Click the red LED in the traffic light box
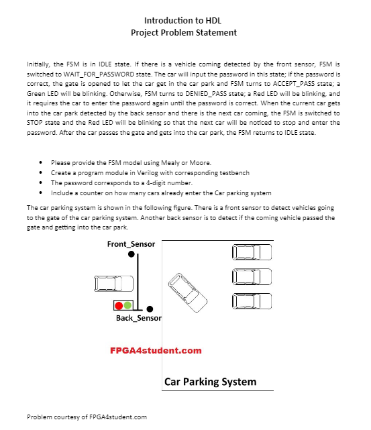(x=119, y=305)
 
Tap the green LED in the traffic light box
(x=127, y=305)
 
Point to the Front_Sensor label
(x=131, y=244)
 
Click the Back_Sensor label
(x=138, y=318)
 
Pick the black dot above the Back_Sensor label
(x=150, y=309)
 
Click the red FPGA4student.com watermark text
(x=156, y=350)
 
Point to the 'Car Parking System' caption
(x=210, y=382)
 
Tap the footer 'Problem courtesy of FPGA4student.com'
(x=87, y=417)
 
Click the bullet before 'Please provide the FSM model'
(x=42, y=162)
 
